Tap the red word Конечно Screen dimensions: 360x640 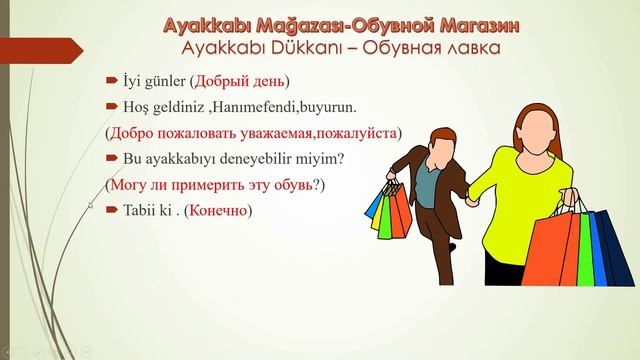(x=217, y=211)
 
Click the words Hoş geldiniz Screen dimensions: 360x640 (x=161, y=105)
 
